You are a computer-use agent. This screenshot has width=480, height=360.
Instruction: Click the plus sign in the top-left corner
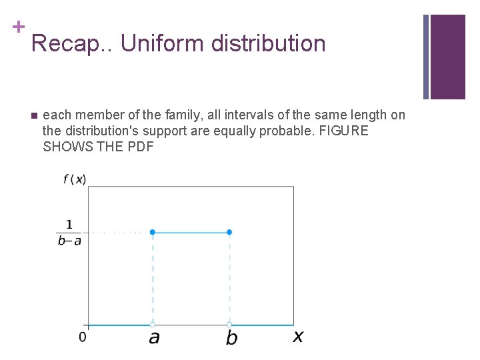pos(19,27)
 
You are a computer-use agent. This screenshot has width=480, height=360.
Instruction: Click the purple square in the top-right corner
pos(447,57)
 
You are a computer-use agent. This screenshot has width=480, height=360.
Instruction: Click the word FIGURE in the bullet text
pos(343,131)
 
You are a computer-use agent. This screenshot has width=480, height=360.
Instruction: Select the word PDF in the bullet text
pos(139,147)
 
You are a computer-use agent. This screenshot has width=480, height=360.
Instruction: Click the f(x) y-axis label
pos(75,179)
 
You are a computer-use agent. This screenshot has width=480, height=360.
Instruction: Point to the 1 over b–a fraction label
pos(69,233)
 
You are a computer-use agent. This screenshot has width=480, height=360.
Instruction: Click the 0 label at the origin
pos(82,337)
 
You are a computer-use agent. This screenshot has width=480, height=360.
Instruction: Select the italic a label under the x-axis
pos(154,338)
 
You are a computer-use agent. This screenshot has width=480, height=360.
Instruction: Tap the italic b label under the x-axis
pos(231,338)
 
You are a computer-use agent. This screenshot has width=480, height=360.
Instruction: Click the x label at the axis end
pos(297,337)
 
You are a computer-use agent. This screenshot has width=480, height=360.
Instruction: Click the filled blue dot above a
pos(153,232)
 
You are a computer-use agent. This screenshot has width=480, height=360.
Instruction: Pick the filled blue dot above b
pos(229,232)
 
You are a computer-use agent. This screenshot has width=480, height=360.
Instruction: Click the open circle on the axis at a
pos(153,325)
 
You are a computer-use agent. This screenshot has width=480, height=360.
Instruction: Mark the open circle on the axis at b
pos(229,325)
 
